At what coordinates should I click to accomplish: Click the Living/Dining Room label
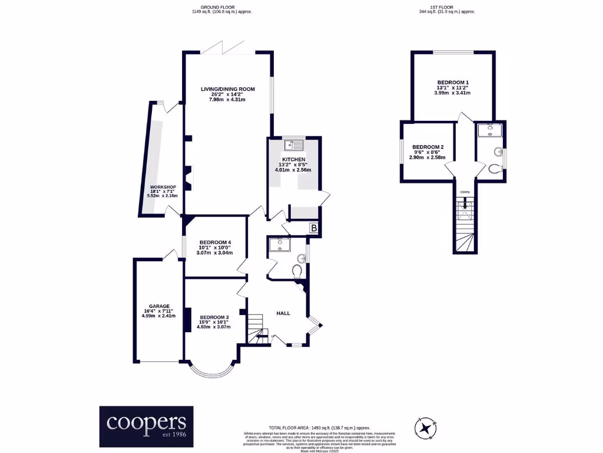point(227,89)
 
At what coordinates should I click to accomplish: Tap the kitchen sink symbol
point(293,145)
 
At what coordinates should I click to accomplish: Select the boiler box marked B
point(314,228)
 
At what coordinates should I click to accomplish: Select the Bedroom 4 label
point(214,242)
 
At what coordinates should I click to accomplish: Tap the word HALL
point(283,313)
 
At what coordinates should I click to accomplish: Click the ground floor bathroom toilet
point(297,270)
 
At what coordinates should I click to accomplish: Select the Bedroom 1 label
point(452,83)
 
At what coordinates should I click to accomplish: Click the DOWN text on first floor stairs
point(465,192)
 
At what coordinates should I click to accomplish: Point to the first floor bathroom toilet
point(495,169)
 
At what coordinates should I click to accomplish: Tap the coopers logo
point(146,425)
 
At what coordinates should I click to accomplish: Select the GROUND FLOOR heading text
point(210,8)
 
